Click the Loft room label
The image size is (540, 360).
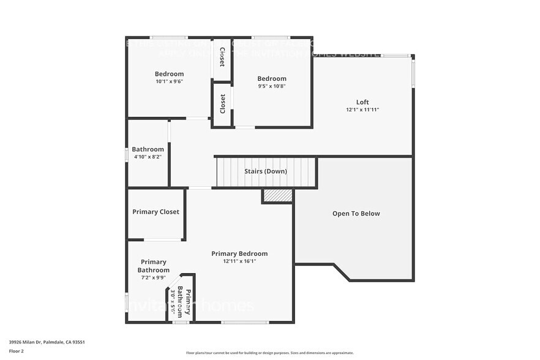click(362, 102)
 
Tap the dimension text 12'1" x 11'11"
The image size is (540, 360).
click(362, 110)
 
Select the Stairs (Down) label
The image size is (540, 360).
click(265, 171)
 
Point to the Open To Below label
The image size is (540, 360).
click(356, 214)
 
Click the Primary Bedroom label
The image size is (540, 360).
click(239, 253)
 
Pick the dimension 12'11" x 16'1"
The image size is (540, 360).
click(239, 261)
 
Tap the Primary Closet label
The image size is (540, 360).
click(156, 212)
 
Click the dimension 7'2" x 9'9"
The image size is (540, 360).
click(153, 278)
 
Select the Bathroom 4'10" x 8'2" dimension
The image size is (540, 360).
click(148, 157)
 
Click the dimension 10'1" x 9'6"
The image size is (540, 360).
click(169, 81)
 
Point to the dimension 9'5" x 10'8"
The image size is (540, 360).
click(271, 86)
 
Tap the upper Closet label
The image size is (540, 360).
click(222, 56)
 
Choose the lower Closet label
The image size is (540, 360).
click(222, 103)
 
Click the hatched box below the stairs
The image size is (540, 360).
click(277, 196)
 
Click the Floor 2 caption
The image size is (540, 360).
click(17, 351)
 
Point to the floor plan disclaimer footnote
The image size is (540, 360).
click(269, 353)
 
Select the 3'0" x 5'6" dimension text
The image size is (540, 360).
click(173, 301)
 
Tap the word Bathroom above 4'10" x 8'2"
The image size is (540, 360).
click(148, 149)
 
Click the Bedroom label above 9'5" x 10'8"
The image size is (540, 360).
click(271, 78)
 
